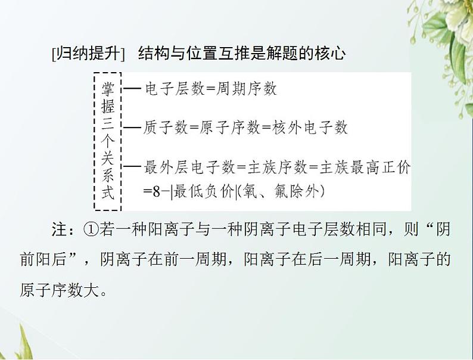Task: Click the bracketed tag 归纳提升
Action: coord(88,54)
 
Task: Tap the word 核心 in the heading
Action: coord(332,54)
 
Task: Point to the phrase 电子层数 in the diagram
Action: coord(170,89)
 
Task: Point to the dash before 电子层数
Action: coord(131,89)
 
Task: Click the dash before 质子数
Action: coord(131,127)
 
